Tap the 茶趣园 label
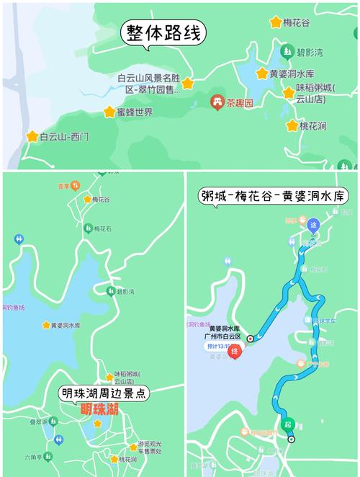point(240,103)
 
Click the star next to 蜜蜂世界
point(109,112)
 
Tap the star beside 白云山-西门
point(32,136)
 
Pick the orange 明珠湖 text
point(101,409)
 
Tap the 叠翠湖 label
point(39,422)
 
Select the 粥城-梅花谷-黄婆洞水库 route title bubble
point(273,196)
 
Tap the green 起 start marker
point(288,424)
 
